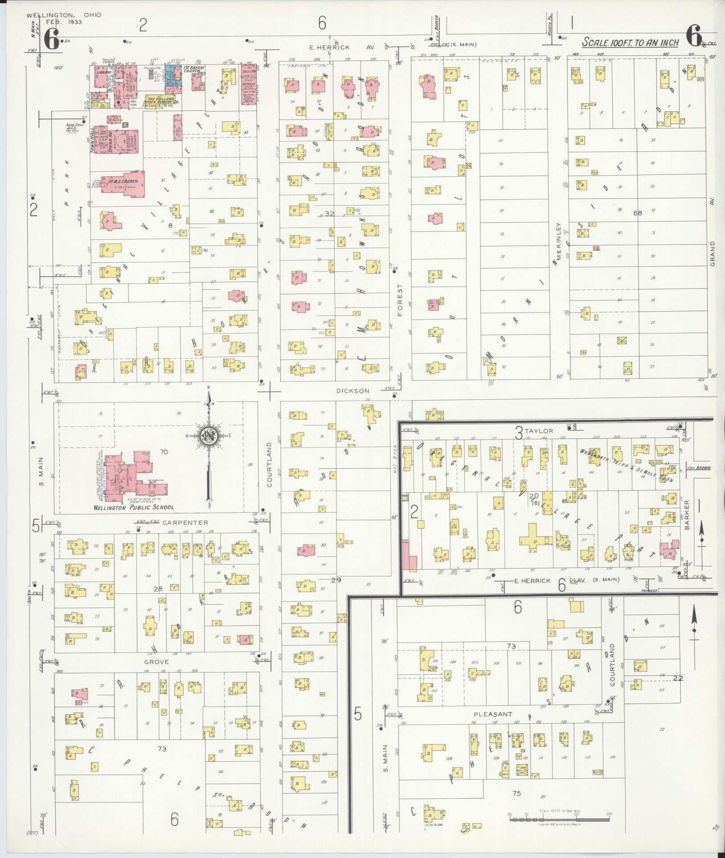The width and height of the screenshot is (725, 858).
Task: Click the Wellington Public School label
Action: (134, 507)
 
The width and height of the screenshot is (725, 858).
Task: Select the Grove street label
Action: (156, 662)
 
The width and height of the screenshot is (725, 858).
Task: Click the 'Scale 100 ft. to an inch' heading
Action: (631, 43)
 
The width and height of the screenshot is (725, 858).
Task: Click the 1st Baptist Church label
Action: (194, 69)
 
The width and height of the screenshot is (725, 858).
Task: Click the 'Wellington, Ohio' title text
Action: (63, 15)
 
